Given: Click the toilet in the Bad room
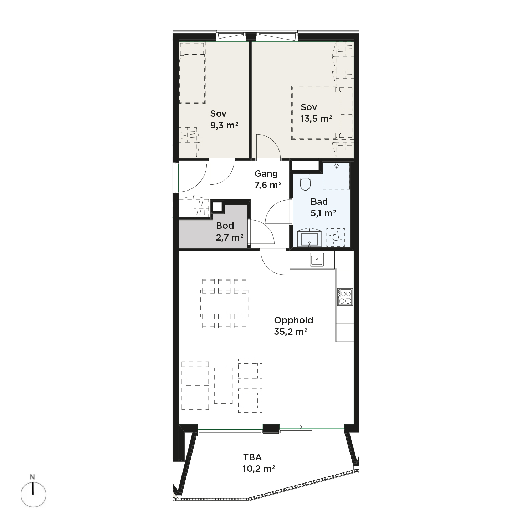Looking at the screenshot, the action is coord(305,182).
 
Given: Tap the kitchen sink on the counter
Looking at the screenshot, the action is coord(316,259).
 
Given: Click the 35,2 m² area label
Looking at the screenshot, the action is coord(291,332).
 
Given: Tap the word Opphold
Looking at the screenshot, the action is coord(293,320).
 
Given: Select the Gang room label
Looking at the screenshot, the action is coord(266,174).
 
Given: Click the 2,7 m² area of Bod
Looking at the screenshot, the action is coord(230,237).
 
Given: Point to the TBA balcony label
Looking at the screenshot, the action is coord(252,457).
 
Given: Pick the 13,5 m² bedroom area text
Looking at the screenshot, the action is coord(316,118).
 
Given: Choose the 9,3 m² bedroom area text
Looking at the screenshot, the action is coord(224,125).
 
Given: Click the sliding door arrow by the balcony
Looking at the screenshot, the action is coord(299,427).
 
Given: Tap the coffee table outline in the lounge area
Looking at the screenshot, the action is coord(224,385).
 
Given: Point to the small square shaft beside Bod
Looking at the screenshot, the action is coord(217,207).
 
